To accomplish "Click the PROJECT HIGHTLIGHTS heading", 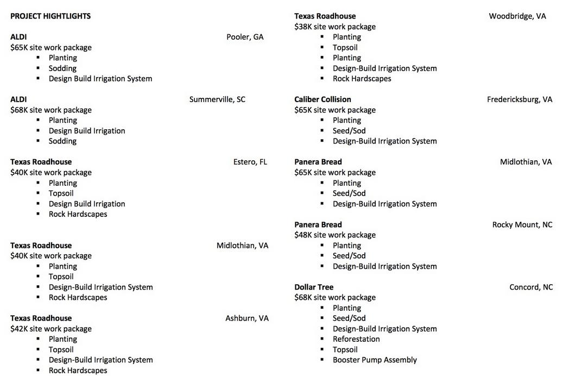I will point(50,16).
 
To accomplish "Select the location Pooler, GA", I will point(245,37).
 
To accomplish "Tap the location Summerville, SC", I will point(217,99).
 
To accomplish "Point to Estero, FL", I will point(250,162).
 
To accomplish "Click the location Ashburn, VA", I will point(247,318).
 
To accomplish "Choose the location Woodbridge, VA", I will point(517,16).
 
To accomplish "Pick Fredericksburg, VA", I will point(520,99).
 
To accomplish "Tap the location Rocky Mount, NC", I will point(522,225).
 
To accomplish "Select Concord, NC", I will point(531,287).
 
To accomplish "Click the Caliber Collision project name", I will point(322,99).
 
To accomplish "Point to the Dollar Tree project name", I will point(314,287).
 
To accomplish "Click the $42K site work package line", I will point(51,329).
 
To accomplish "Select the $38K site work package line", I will point(335,27).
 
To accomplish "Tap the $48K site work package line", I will point(335,235).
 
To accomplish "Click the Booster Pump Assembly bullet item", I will point(375,360).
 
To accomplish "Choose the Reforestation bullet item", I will point(356,339).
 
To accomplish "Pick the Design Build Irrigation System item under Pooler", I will point(100,79).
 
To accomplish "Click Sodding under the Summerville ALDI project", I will point(62,141).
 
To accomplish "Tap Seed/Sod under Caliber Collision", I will point(349,131).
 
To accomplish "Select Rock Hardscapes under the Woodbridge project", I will point(362,79).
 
